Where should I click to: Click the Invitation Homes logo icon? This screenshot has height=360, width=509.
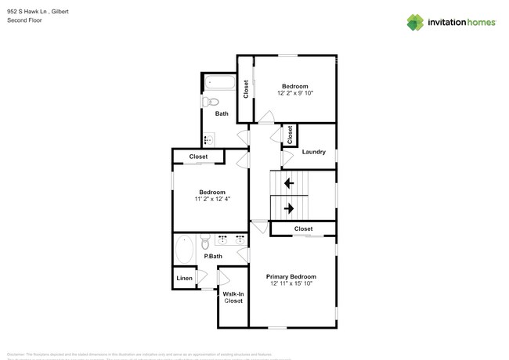click(x=415, y=22)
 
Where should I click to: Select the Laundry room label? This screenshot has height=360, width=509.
click(x=314, y=152)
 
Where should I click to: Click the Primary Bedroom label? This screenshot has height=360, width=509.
click(x=291, y=277)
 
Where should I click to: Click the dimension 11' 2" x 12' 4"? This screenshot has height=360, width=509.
click(x=212, y=200)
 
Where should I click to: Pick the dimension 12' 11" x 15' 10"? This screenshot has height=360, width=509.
click(x=291, y=284)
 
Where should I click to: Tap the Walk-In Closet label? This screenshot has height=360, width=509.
click(x=233, y=297)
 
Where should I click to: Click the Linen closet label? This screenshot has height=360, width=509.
click(x=184, y=279)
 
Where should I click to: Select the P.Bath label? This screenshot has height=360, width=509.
click(x=212, y=256)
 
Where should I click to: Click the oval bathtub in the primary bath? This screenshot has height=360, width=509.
click(x=185, y=250)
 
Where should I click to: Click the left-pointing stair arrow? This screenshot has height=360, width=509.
click(x=289, y=184)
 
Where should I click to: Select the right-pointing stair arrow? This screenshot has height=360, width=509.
click(x=289, y=209)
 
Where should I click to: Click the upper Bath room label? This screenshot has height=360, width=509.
click(x=222, y=114)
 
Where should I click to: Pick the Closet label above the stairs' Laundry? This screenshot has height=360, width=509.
click(x=290, y=135)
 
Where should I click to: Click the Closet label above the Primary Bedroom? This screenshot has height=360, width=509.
click(x=303, y=229)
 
